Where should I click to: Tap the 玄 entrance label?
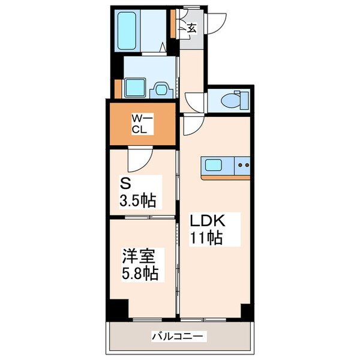point(191,28)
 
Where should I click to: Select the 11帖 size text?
point(207,238)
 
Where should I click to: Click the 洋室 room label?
point(139,257)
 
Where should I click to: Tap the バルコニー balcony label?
point(179,337)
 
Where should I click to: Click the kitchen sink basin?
point(214,164)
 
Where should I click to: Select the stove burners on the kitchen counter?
point(244,163)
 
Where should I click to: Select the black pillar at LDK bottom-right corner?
point(246,311)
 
